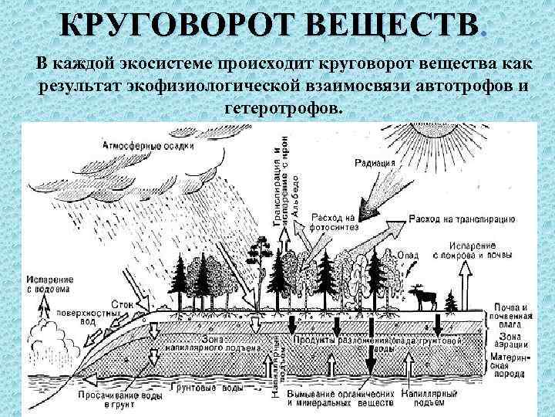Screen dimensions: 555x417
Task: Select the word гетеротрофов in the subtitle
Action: [281, 105]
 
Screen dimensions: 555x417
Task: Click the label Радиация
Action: [375, 163]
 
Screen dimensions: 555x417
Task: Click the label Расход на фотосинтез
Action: [334, 222]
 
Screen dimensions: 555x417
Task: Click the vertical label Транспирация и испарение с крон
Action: [280, 185]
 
